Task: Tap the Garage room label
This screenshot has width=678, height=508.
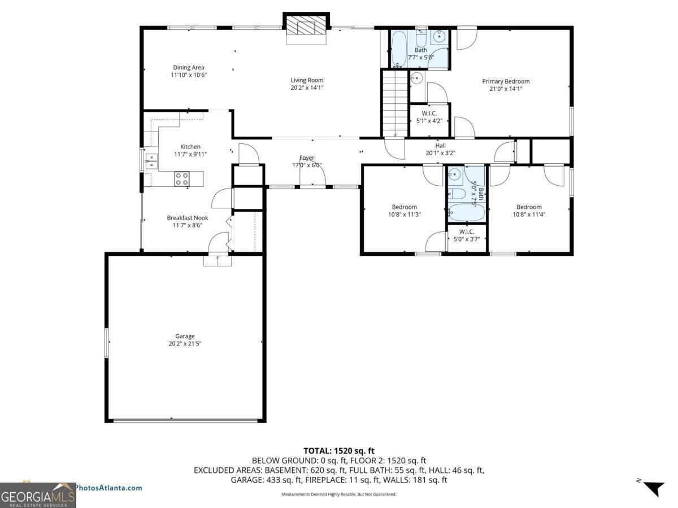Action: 185,336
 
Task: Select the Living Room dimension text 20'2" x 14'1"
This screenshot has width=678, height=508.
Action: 307,87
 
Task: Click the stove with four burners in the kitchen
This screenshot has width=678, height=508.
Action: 182,179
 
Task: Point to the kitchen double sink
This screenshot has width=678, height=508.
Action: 151,161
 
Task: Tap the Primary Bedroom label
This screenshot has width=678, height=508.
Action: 506,81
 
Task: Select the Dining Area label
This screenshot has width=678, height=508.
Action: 189,68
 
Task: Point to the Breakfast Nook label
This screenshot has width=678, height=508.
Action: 188,218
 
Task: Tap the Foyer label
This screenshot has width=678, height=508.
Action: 307,158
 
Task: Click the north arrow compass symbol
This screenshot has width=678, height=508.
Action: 653,487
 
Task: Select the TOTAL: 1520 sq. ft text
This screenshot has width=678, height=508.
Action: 339,450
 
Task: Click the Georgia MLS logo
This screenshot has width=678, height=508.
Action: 38,495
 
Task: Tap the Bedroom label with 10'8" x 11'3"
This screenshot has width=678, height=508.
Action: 405,207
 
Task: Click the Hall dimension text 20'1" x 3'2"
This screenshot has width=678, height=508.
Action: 440,152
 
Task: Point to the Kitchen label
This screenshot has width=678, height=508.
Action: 190,147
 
